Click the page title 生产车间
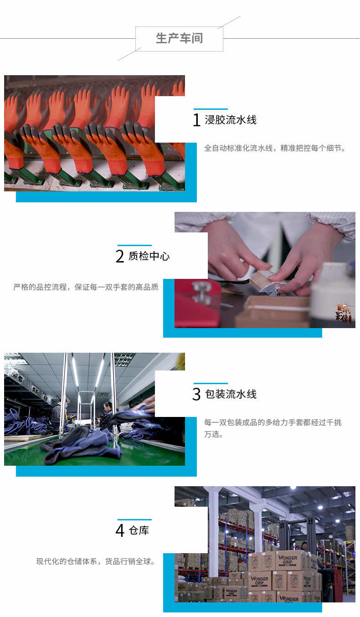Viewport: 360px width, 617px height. pos(179,38)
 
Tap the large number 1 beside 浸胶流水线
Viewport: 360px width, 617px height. pos(196,120)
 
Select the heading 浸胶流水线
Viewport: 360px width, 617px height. pos(231,120)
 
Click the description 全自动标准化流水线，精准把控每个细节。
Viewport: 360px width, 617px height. pos(275,148)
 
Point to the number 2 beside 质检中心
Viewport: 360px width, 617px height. pos(120,256)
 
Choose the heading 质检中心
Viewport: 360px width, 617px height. pos(149,256)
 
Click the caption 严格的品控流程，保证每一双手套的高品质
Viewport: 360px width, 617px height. pos(86,287)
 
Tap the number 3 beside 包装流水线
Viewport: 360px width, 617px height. pos(196,394)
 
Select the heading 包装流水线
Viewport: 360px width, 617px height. pos(231,394)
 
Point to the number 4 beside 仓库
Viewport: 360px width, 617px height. pos(120,530)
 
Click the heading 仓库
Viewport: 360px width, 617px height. pos(139,530)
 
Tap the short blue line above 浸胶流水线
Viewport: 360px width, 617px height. pos(211,109)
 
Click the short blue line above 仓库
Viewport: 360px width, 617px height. pos(135,520)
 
